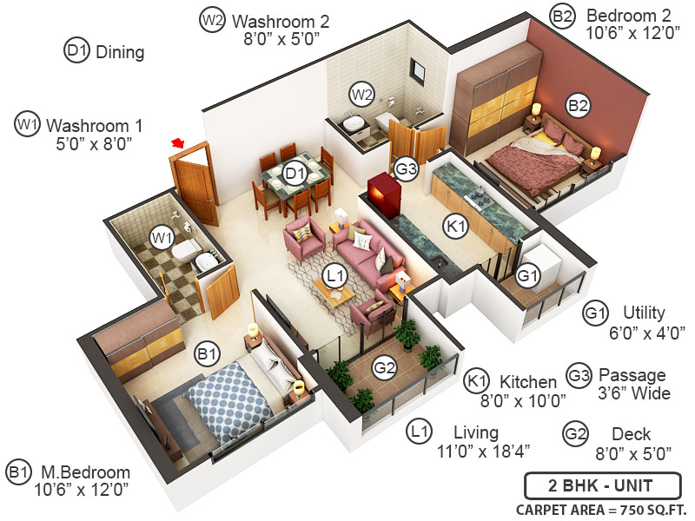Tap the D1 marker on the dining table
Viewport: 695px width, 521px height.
pyautogui.click(x=295, y=175)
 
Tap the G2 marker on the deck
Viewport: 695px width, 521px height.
pyautogui.click(x=384, y=368)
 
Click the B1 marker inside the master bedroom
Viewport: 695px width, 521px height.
pyautogui.click(x=207, y=353)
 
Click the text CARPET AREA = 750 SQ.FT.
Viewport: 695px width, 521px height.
pyautogui.click(x=600, y=509)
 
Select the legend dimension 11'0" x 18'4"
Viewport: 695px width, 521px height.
pyautogui.click(x=483, y=451)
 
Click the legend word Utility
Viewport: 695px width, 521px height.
pyautogui.click(x=645, y=313)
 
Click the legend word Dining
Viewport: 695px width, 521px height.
pyautogui.click(x=119, y=52)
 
